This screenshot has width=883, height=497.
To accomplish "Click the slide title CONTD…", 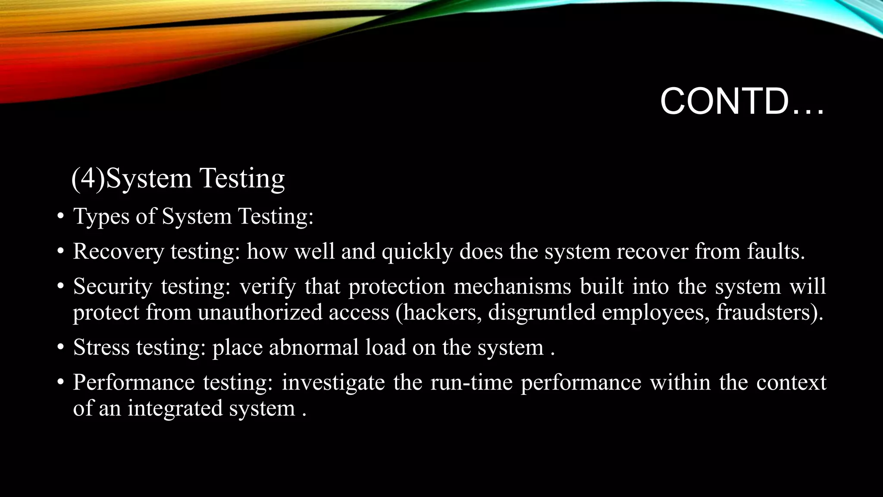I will pos(742,102).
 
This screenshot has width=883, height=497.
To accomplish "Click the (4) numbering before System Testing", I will pos(88,178).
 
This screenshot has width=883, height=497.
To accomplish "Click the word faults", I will pos(776,251).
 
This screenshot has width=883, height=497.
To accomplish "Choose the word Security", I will pos(113,287).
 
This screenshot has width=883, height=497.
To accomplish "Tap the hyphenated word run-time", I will pos(471,383).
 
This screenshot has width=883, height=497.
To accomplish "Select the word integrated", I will pos(175,408).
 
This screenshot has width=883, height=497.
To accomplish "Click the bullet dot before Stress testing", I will pos(61,348).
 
